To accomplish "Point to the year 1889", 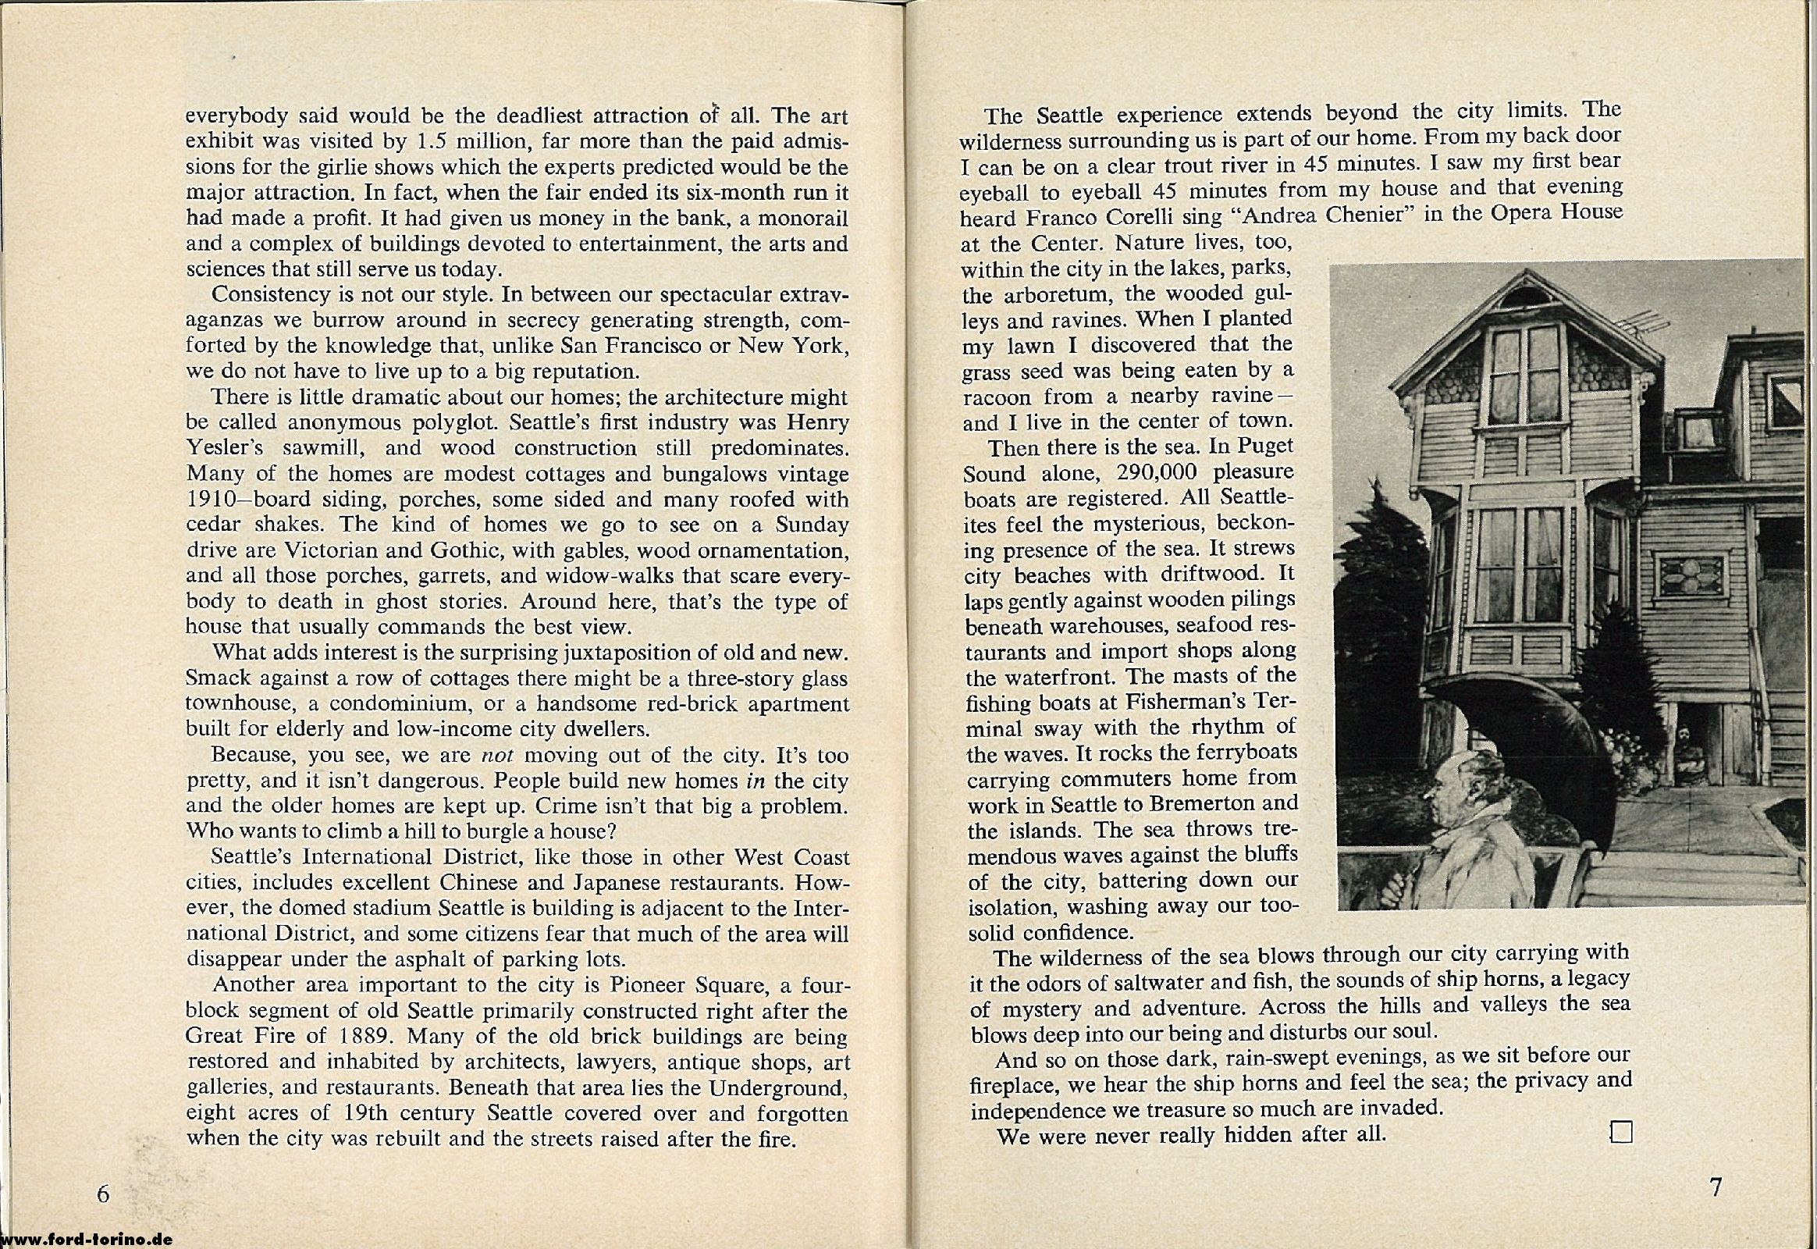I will pos(363,1035).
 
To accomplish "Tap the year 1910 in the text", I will pos(215,500).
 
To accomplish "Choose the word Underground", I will pos(780,1087).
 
